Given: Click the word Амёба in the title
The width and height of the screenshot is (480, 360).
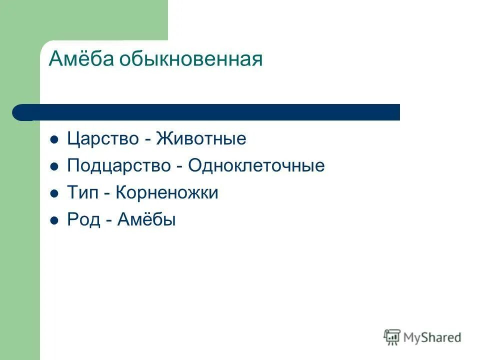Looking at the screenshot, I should coord(81,60).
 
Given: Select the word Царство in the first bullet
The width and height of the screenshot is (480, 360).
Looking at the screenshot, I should coord(103,139).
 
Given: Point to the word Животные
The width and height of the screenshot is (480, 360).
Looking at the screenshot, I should coord(201,139).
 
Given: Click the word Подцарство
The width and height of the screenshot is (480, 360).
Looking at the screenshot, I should coord(118,166).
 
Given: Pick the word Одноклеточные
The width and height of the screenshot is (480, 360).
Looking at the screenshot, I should coord(256,166).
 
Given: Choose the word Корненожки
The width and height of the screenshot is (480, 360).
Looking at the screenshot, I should coord(167,193).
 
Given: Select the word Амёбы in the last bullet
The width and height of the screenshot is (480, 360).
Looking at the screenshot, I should coord(146,220).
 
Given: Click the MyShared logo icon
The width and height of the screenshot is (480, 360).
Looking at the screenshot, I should coord(392,337).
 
